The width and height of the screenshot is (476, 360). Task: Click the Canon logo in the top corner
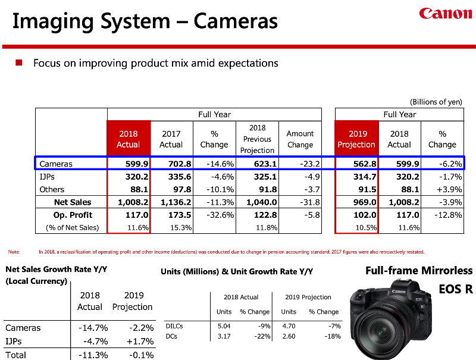point(446,14)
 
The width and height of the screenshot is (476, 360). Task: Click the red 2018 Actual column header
point(129,139)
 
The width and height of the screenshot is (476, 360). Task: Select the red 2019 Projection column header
point(356,139)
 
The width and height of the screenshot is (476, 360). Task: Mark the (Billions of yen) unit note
point(436,102)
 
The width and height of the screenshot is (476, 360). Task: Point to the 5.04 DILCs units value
point(224,325)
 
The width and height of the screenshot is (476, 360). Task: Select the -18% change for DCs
point(333,336)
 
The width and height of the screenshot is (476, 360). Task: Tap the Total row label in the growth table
point(16,355)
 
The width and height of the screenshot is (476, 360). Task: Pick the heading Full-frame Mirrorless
point(418,271)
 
